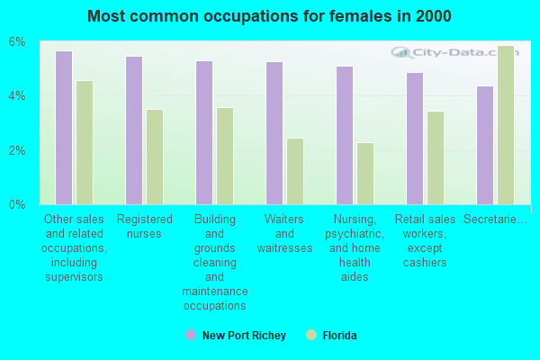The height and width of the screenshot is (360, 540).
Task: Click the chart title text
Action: click(270, 16)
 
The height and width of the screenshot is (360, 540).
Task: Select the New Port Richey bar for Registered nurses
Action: click(134, 130)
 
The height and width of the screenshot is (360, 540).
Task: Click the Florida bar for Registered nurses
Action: click(155, 157)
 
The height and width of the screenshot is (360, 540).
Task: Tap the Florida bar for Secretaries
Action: click(506, 125)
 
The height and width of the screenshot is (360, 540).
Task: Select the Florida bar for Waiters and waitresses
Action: click(295, 171)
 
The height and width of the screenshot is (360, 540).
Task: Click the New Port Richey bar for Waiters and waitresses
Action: click(274, 133)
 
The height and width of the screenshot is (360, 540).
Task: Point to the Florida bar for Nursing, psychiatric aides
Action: click(365, 174)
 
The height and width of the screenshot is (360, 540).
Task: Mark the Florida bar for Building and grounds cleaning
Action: click(225, 156)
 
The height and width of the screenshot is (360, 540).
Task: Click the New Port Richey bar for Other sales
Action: click(64, 128)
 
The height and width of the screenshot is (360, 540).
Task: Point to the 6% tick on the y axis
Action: click(18, 42)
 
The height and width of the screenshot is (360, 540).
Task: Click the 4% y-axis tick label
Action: click(18, 96)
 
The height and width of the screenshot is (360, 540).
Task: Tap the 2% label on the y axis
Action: click(18, 150)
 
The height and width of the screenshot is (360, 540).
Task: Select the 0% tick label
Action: click(18, 205)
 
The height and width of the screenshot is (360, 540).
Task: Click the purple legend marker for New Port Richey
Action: click(190, 335)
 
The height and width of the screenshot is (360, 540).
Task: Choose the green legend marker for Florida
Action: click(311, 335)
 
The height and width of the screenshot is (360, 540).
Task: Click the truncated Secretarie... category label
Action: click(495, 220)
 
